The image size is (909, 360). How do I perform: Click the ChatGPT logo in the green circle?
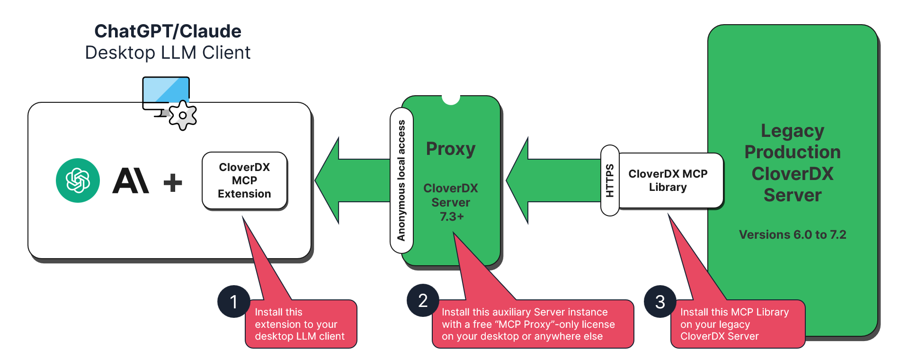click(x=78, y=180)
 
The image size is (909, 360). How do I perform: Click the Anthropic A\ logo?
click(x=131, y=181)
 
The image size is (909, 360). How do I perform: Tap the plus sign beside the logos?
click(x=173, y=182)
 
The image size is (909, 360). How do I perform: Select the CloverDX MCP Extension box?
click(x=244, y=180)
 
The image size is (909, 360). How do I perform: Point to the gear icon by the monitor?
click(x=183, y=115)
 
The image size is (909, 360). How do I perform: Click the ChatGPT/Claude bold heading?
click(x=168, y=31)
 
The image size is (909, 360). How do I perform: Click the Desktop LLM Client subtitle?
click(x=168, y=53)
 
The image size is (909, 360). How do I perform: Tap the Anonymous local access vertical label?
click(x=401, y=180)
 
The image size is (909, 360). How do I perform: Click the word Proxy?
click(x=450, y=149)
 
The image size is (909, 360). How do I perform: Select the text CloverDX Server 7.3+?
click(x=450, y=202)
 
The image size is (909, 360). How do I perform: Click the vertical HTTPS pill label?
click(x=610, y=180)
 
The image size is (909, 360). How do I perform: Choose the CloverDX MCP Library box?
click(x=668, y=180)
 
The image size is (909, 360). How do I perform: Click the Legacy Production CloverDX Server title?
click(x=792, y=162)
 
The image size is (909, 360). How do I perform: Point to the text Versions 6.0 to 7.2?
click(x=792, y=234)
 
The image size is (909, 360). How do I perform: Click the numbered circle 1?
click(x=233, y=302)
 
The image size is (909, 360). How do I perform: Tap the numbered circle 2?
click(x=423, y=300)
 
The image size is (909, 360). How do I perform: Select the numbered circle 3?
click(x=660, y=302)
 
